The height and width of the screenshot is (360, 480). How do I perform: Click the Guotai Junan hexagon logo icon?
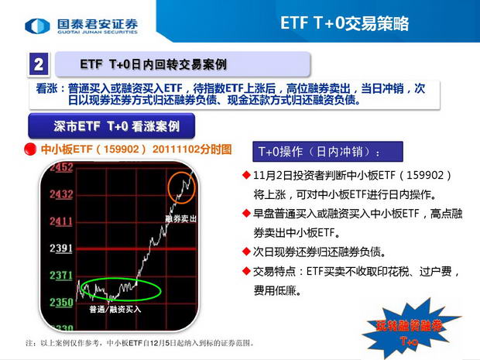[x=37, y=26]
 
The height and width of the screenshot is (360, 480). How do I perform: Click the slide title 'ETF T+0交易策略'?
[x=345, y=23]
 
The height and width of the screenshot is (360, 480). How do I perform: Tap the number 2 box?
[x=39, y=64]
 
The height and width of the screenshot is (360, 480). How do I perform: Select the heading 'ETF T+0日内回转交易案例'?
[x=153, y=64]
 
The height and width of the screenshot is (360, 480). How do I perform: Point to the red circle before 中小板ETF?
[x=30, y=149]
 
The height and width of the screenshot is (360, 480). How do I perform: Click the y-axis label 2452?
[x=61, y=167]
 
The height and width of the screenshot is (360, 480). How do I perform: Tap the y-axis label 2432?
[x=61, y=194]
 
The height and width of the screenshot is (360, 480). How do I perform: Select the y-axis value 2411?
[x=61, y=221]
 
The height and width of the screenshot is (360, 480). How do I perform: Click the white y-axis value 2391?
[x=61, y=248]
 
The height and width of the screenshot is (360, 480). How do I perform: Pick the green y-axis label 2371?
[x=61, y=275]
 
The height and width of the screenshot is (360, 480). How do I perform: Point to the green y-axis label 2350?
[x=61, y=303]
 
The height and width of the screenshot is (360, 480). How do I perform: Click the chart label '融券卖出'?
[x=180, y=218]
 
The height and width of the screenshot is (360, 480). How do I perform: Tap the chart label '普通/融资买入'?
[x=115, y=309]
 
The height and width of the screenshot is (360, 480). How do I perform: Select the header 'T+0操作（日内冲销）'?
[x=320, y=152]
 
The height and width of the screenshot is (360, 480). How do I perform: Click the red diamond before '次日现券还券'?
[x=246, y=252]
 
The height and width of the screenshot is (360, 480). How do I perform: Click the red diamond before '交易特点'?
[x=246, y=271]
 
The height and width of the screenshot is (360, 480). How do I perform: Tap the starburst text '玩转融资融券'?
[x=410, y=326]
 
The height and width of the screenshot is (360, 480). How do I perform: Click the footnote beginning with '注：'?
[x=140, y=343]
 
